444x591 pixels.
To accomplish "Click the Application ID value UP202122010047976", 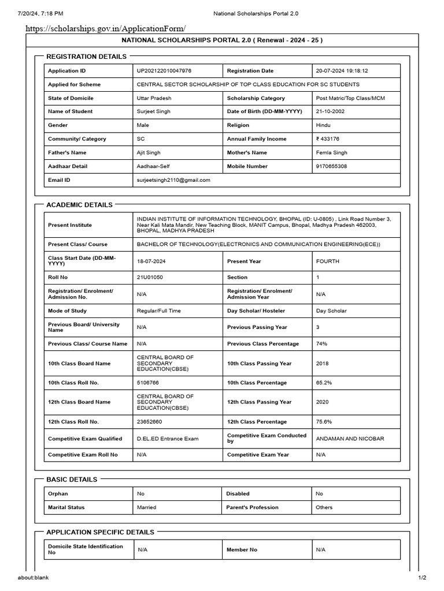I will pyautogui.click(x=164, y=70).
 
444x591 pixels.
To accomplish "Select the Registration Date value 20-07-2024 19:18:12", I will pyautogui.click(x=342, y=70).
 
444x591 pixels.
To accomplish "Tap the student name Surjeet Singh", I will pyautogui.click(x=153, y=111).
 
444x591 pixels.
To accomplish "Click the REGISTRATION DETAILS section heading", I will pyautogui.click(x=86, y=57).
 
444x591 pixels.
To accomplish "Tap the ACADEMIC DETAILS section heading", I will pyautogui.click(x=79, y=205).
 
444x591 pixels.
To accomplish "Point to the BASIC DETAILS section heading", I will pyautogui.click(x=72, y=480).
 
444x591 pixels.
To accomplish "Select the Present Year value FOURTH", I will pyautogui.click(x=328, y=261).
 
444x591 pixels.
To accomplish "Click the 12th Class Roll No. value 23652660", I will pyautogui.click(x=149, y=422).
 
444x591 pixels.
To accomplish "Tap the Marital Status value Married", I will pyautogui.click(x=146, y=507).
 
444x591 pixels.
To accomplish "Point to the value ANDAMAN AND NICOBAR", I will pyautogui.click(x=350, y=439).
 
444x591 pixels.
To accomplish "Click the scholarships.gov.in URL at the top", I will pyautogui.click(x=105, y=28).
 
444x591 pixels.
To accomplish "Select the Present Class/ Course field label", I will pyautogui.click(x=77, y=244).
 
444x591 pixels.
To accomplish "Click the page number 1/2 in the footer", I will pyautogui.click(x=422, y=578).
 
